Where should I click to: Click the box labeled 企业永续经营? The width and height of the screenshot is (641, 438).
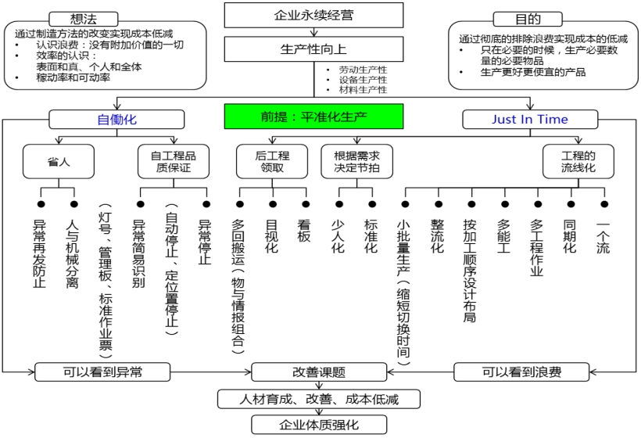(313, 15)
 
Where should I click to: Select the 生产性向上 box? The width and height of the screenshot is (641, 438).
(313, 49)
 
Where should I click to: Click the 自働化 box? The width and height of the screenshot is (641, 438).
(117, 119)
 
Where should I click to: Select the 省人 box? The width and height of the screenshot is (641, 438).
(58, 161)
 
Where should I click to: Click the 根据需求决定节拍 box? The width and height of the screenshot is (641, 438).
(356, 161)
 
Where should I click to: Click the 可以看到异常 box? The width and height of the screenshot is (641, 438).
(93, 372)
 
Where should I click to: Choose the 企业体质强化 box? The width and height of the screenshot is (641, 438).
(318, 425)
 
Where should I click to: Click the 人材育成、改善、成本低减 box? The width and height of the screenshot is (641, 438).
(318, 399)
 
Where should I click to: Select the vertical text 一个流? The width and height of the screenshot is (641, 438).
(603, 237)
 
